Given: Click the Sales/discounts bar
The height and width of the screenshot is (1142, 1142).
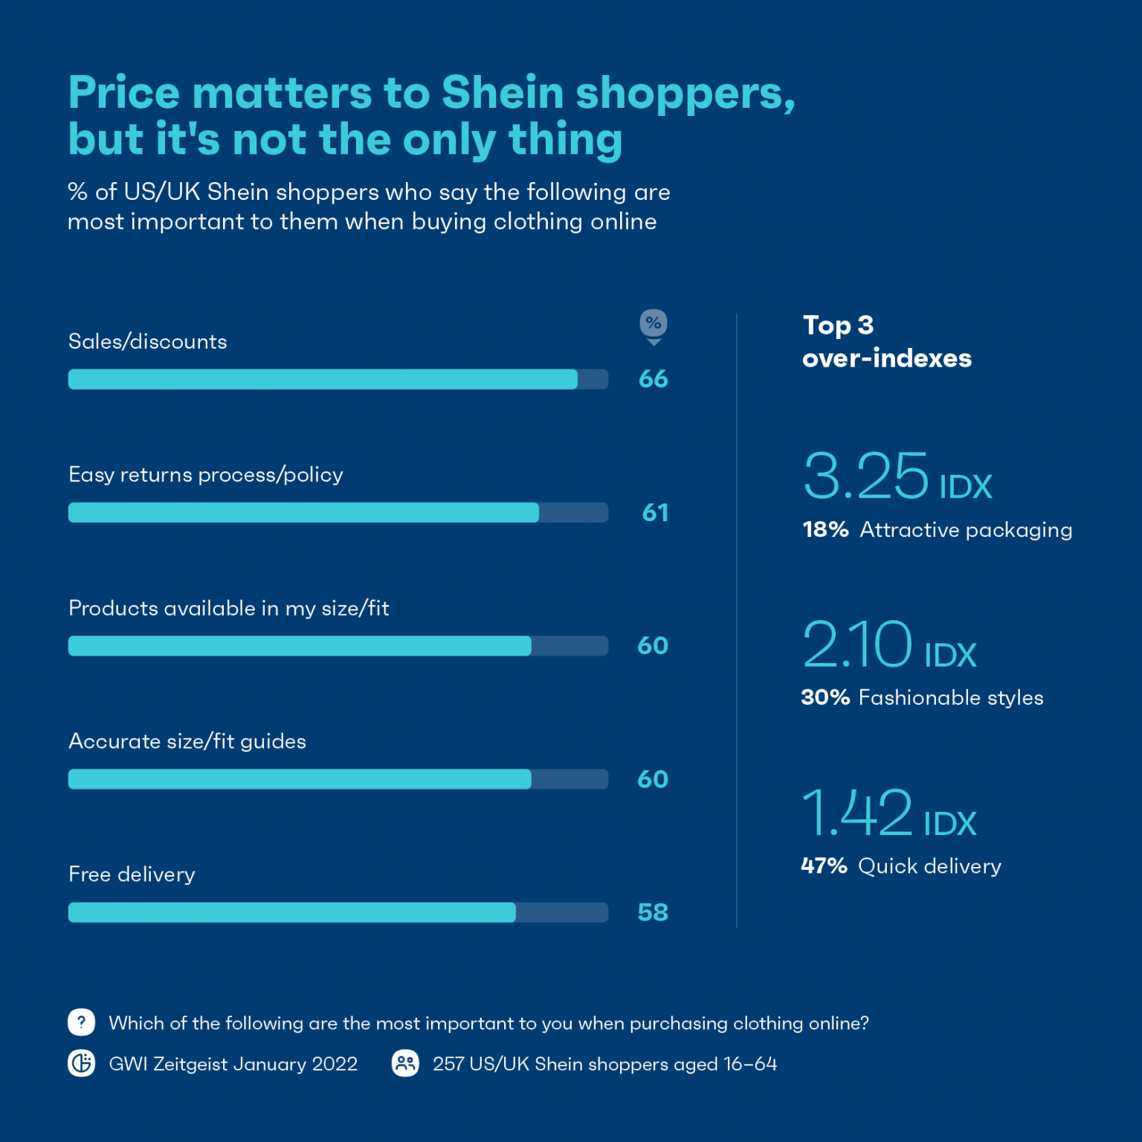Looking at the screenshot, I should pyautogui.click(x=323, y=379).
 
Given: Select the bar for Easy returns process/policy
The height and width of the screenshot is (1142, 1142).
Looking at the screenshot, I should pyautogui.click(x=303, y=512).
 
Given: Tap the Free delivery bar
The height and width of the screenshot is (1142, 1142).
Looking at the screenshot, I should pyautogui.click(x=292, y=912).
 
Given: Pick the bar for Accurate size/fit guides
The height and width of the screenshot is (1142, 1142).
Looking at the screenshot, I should pyautogui.click(x=300, y=779).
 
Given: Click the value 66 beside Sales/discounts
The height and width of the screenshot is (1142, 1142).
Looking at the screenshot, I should pyautogui.click(x=653, y=379).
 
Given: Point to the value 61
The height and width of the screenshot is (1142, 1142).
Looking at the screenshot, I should pyautogui.click(x=654, y=512).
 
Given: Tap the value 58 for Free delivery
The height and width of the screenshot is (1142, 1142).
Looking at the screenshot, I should pyautogui.click(x=653, y=912).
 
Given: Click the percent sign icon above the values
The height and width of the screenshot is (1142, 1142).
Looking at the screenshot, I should pyautogui.click(x=654, y=324).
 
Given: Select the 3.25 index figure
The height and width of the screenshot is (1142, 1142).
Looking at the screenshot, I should pyautogui.click(x=866, y=477).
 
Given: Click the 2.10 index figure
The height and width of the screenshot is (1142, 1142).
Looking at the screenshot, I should pyautogui.click(x=857, y=645).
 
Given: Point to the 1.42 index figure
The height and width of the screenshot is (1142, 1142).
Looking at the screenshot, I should pyautogui.click(x=857, y=813).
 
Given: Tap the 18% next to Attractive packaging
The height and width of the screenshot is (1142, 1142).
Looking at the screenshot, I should pyautogui.click(x=825, y=529).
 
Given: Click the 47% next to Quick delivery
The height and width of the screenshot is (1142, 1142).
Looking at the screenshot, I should pyautogui.click(x=824, y=866).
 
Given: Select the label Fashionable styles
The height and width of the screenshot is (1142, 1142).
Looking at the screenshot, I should pyautogui.click(x=951, y=697).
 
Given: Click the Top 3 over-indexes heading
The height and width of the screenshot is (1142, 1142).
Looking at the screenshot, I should pyautogui.click(x=886, y=342).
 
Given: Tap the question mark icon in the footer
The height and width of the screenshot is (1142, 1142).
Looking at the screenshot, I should pyautogui.click(x=82, y=1022).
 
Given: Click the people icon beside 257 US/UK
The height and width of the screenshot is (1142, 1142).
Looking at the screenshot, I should pyautogui.click(x=405, y=1063).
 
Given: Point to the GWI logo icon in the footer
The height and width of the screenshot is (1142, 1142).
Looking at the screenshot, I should pyautogui.click(x=82, y=1063).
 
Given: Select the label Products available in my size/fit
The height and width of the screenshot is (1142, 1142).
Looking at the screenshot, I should pyautogui.click(x=229, y=608).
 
